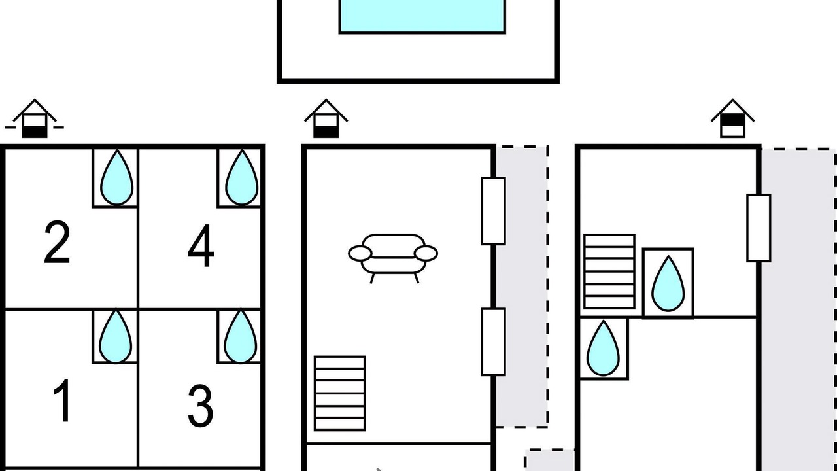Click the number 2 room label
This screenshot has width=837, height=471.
coord(57,242)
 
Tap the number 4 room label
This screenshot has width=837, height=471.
coord(201,245)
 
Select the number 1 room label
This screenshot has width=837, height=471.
coord(62,400)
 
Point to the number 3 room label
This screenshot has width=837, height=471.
coord(200,406)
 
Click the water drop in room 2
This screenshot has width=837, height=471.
coord(116,178)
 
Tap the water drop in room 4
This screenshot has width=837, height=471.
coord(242,178)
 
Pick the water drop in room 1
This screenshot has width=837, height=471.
coord(116,336)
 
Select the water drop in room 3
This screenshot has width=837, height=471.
coord(241,336)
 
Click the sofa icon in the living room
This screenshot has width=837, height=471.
coord(393,258)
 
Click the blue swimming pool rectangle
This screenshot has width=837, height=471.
coord(422,16)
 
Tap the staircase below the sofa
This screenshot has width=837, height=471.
coord(339,393)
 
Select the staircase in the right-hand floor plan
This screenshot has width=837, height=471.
coord(609,271)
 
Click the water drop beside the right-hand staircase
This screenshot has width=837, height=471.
coord(668,284)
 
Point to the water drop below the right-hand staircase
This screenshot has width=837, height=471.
coord(603,349)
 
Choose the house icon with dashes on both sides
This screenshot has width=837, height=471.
coord(35,118)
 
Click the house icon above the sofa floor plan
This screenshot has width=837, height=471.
coord(326,118)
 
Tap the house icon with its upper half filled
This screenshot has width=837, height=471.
coord(732,118)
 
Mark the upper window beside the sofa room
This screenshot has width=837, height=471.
coord(494,211)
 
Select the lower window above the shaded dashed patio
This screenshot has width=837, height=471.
coord(494,341)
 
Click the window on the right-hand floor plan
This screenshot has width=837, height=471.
coord(759,228)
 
